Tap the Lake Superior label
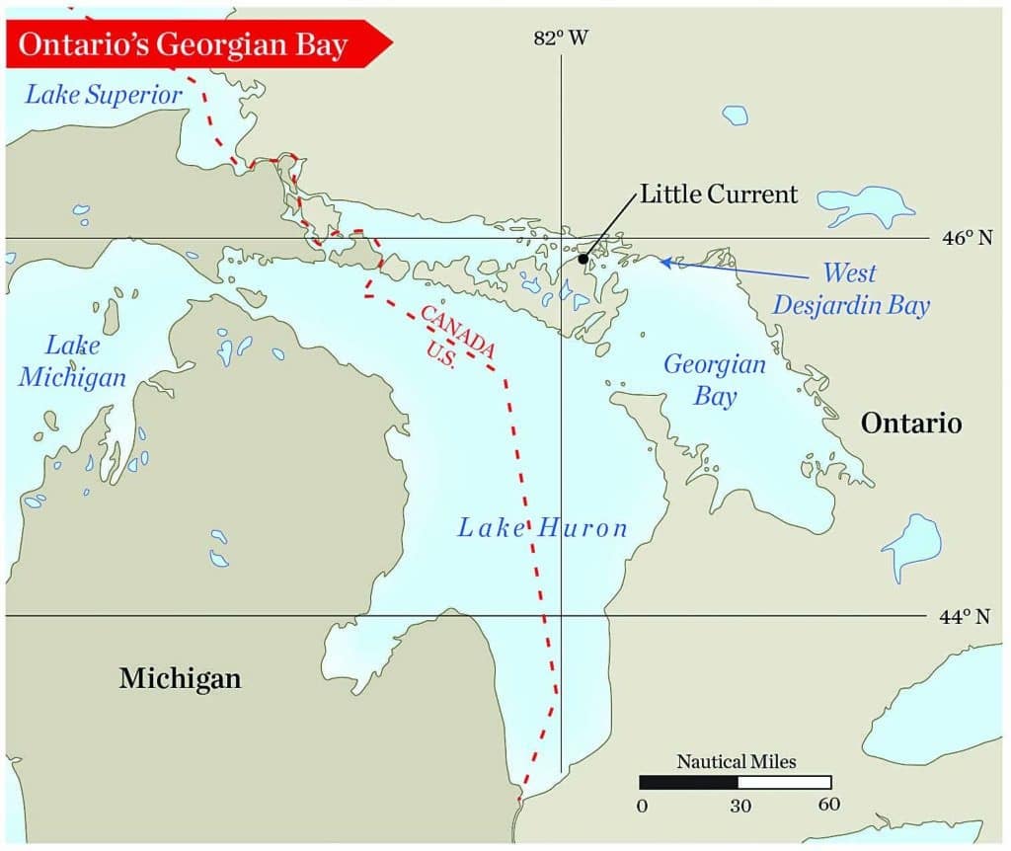point(104,95)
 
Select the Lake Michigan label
point(86,361)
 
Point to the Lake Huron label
point(542,527)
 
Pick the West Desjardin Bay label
point(850,289)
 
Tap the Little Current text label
point(718,193)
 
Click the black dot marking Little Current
point(583,259)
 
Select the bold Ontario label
point(910,424)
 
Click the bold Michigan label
point(180,678)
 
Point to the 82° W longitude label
point(561,39)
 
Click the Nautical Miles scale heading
point(736,761)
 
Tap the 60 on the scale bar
point(829,805)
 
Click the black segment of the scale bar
point(687,782)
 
